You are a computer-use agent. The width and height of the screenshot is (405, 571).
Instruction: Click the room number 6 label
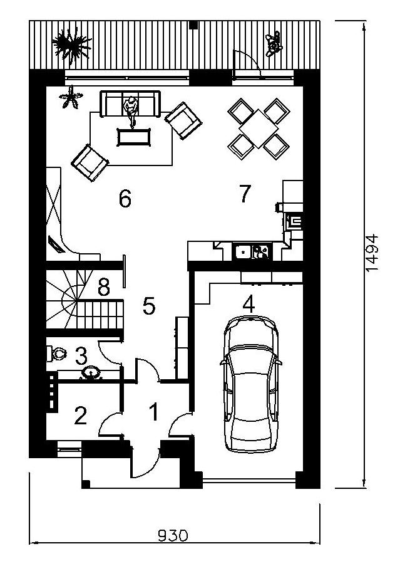(125, 199)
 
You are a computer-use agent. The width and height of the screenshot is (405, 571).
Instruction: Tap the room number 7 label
(245, 194)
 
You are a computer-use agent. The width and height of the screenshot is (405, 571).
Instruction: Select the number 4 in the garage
(249, 304)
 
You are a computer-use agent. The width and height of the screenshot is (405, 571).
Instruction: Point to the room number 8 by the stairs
(104, 286)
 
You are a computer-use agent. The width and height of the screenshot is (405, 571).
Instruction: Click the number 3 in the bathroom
(81, 356)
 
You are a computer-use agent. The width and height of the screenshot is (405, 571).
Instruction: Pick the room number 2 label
(80, 416)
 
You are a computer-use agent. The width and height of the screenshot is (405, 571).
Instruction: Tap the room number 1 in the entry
(155, 412)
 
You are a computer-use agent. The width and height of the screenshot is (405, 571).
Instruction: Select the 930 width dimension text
(173, 535)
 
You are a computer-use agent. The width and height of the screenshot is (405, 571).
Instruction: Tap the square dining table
(258, 128)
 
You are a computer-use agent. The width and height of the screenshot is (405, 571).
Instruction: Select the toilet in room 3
(56, 354)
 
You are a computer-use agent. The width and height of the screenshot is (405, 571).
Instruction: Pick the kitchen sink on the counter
(252, 251)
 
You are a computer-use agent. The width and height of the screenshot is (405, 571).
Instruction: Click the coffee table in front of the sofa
(134, 137)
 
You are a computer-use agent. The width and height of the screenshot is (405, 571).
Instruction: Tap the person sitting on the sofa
(131, 112)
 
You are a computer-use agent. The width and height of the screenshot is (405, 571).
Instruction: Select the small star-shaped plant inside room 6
(71, 97)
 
